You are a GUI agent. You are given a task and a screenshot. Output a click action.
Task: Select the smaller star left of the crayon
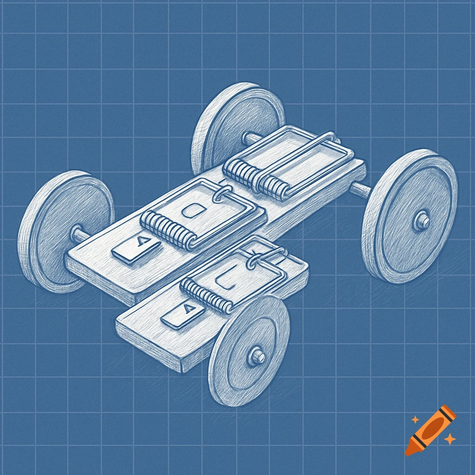[415, 419]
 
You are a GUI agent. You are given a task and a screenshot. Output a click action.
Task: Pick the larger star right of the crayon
[449, 438]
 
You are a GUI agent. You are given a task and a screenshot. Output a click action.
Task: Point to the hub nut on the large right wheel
[422, 221]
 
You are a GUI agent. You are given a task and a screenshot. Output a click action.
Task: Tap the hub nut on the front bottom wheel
[257, 356]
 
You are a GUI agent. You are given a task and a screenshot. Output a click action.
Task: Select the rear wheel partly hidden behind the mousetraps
[232, 125]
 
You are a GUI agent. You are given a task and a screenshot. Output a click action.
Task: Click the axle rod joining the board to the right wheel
[360, 189]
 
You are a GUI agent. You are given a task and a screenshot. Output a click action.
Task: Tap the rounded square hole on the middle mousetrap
[191, 211]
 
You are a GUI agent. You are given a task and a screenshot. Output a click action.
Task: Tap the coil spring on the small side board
[206, 295]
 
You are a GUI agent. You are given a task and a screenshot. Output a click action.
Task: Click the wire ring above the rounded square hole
[221, 195]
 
